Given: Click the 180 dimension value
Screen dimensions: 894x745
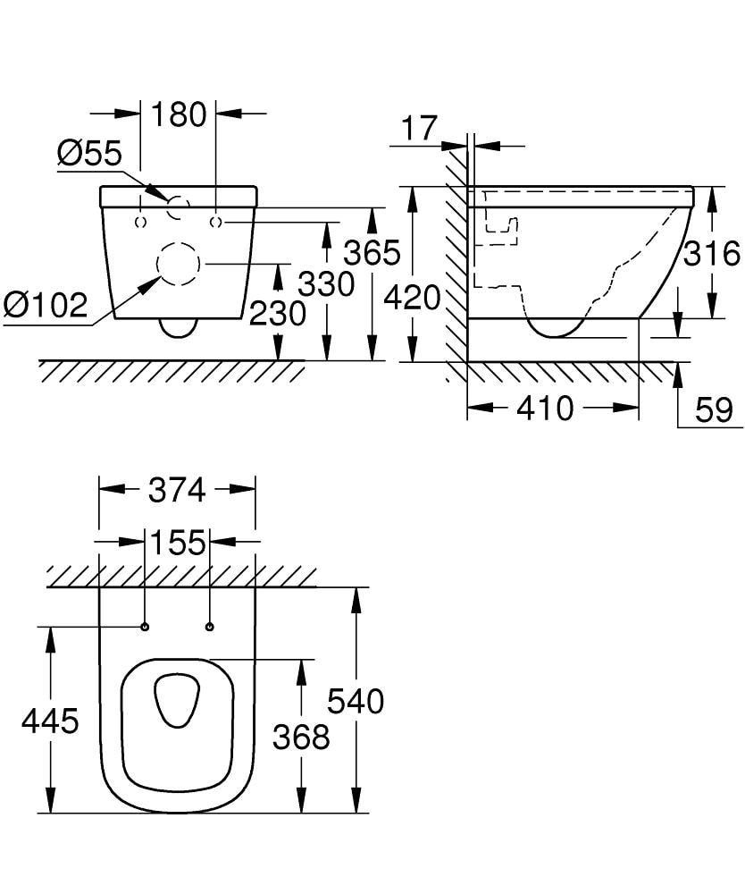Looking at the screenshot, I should pos(179,114).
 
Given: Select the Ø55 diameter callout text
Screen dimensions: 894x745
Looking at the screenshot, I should pos(89,154).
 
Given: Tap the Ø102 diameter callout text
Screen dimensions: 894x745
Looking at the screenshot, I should pos(46,306).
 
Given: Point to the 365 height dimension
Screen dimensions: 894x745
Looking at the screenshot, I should pos(372,254).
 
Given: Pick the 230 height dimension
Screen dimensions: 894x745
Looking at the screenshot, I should pos(278,313).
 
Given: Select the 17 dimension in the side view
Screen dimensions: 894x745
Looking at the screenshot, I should pos(419,129).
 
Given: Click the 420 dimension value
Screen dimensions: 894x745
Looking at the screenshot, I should pos(412,297).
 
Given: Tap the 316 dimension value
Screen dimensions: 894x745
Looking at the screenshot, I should pos(712,254).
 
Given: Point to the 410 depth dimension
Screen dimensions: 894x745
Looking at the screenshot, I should pos(546,409).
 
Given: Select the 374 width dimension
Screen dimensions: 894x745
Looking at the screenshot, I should pos(177,490).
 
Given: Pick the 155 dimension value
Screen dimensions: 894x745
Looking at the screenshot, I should pos(177,543).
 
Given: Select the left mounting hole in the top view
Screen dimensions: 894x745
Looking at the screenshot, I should pos(144,626).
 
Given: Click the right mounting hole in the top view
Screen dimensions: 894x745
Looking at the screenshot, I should pos(211,626).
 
